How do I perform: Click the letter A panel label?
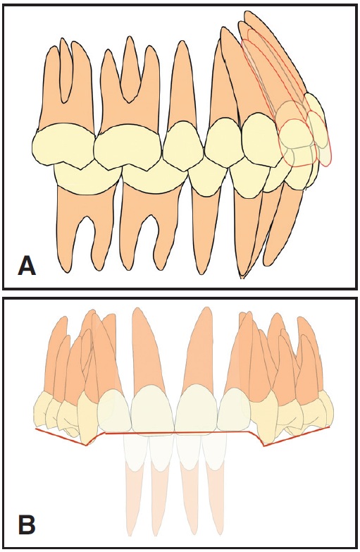pyautogui.click(x=27, y=266)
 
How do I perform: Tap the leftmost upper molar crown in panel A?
pyautogui.click(x=63, y=145)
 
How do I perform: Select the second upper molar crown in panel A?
pyautogui.click(x=128, y=146)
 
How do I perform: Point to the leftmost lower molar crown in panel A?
pyautogui.click(x=86, y=178)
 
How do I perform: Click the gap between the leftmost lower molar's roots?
pyautogui.click(x=86, y=240)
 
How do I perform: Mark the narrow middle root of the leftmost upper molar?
pyautogui.click(x=65, y=70)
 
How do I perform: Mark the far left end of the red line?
pyautogui.click(x=35, y=429)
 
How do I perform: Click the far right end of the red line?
pyautogui.click(x=330, y=427)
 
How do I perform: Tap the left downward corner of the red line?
pyautogui.click(x=86, y=446)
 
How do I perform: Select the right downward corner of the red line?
pyautogui.click(x=264, y=446)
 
